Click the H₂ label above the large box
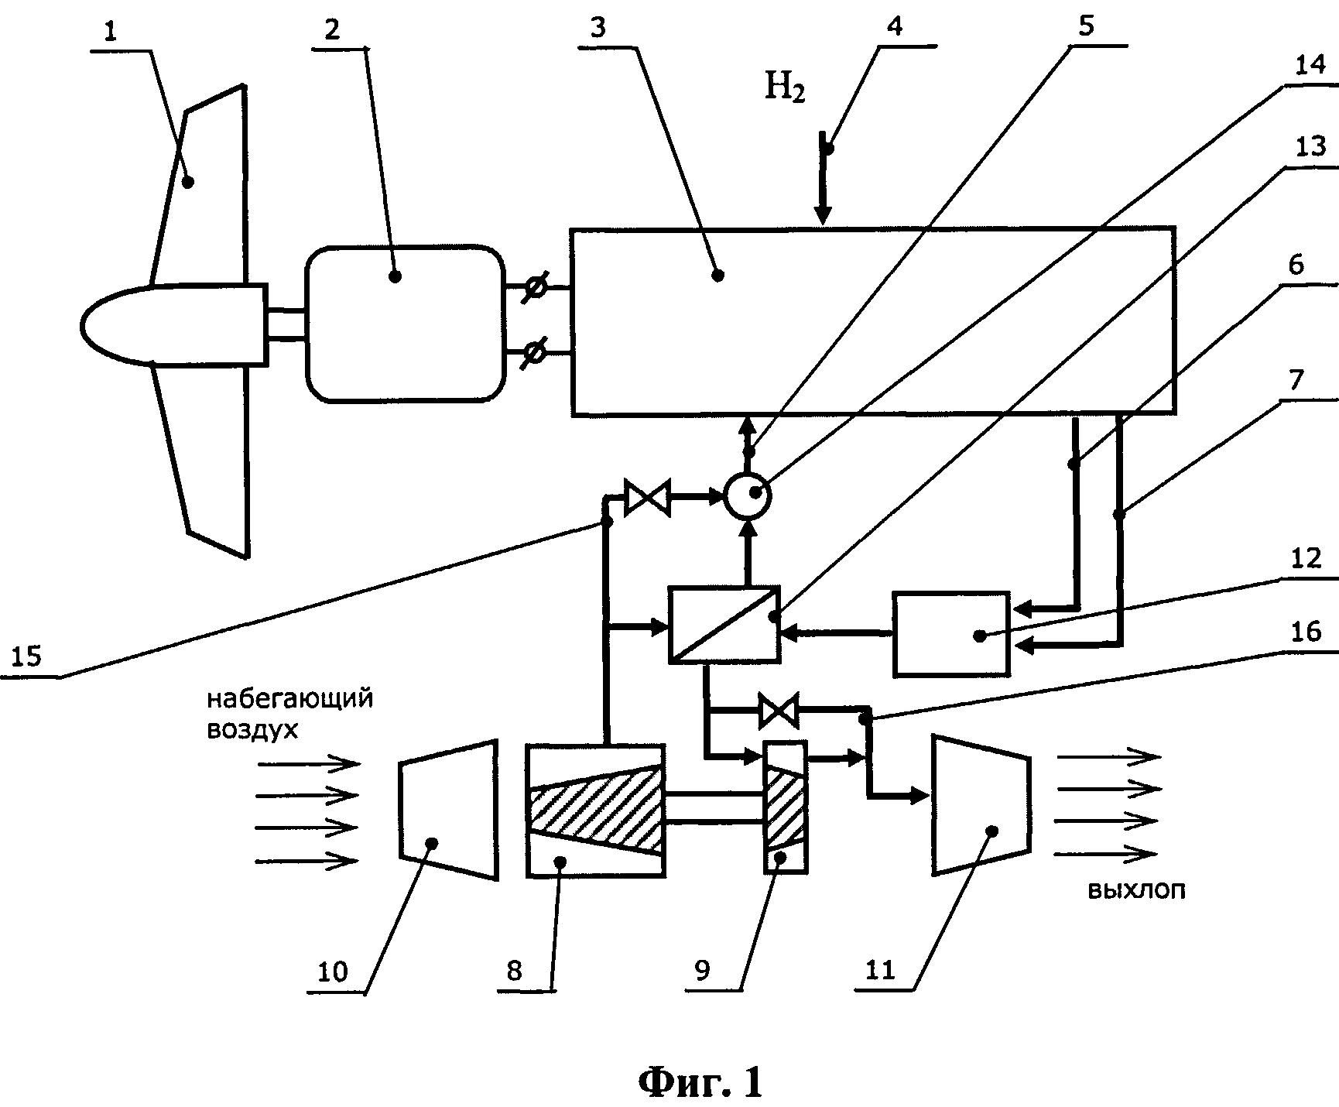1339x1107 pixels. (785, 87)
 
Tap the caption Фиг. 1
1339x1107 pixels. (700, 1081)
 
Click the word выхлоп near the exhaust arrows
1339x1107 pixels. (1136, 890)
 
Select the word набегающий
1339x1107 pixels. (289, 698)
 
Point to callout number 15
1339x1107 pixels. (27, 656)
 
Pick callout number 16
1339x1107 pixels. (1306, 632)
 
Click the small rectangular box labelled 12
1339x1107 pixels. (951, 634)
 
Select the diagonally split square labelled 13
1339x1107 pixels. (724, 625)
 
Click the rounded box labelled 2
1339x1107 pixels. (404, 324)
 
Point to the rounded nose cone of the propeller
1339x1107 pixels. (116, 324)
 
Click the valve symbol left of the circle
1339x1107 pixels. (641, 496)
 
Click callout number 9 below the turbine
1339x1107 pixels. (702, 971)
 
